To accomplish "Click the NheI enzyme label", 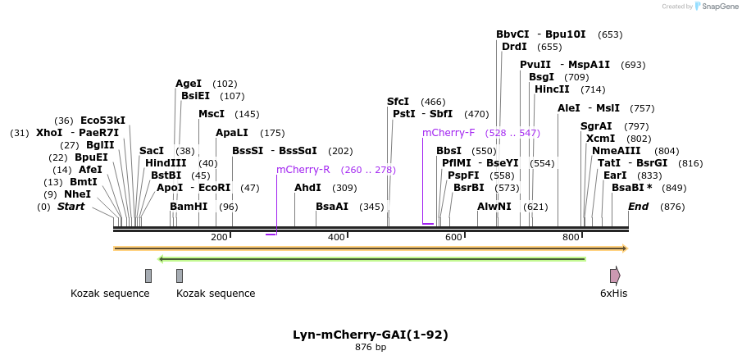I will [x=77, y=194].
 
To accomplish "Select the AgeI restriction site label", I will [x=189, y=84].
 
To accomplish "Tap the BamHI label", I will [x=189, y=207].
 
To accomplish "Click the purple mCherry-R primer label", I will [x=303, y=170].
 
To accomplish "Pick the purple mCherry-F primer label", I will [x=448, y=133].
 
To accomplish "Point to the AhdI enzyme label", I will [x=307, y=188].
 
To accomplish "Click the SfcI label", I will [x=398, y=102].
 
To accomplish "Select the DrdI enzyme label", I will [x=514, y=47].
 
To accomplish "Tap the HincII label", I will [x=552, y=89].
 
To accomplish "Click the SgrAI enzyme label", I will [x=596, y=126].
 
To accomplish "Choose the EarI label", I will [x=615, y=175].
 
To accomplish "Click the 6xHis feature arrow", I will [x=614, y=276].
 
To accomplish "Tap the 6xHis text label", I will [x=613, y=294].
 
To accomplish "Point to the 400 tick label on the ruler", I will [x=336, y=237].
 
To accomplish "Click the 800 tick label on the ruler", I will [x=571, y=237].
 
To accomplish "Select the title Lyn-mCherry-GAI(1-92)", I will [x=371, y=335].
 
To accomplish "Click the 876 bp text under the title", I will [x=371, y=348].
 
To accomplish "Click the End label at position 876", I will [x=639, y=207].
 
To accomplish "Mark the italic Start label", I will [x=71, y=207].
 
